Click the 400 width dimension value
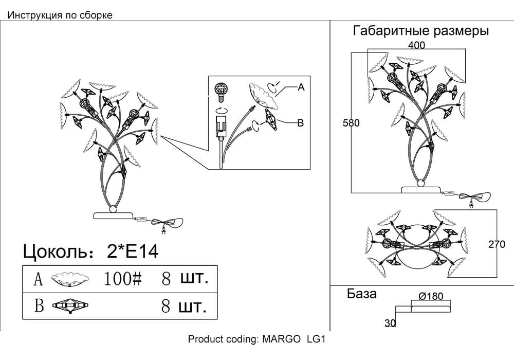tap(416, 45)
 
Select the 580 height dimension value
tap(351, 123)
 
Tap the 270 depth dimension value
tap(497, 244)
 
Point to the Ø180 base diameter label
tap(431, 296)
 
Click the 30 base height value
tap(390, 323)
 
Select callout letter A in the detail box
tap(301, 87)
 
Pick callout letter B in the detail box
tap(300, 123)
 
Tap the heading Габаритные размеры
tap(420, 31)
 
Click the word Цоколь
tap(55, 251)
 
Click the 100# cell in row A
tap(123, 279)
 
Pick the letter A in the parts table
tap(39, 279)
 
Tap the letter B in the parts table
tap(39, 305)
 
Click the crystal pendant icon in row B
tap(70, 306)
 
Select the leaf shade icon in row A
tap(70, 280)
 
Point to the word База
tap(361, 294)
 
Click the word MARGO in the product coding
tap(281, 339)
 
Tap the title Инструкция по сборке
tap(60, 15)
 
